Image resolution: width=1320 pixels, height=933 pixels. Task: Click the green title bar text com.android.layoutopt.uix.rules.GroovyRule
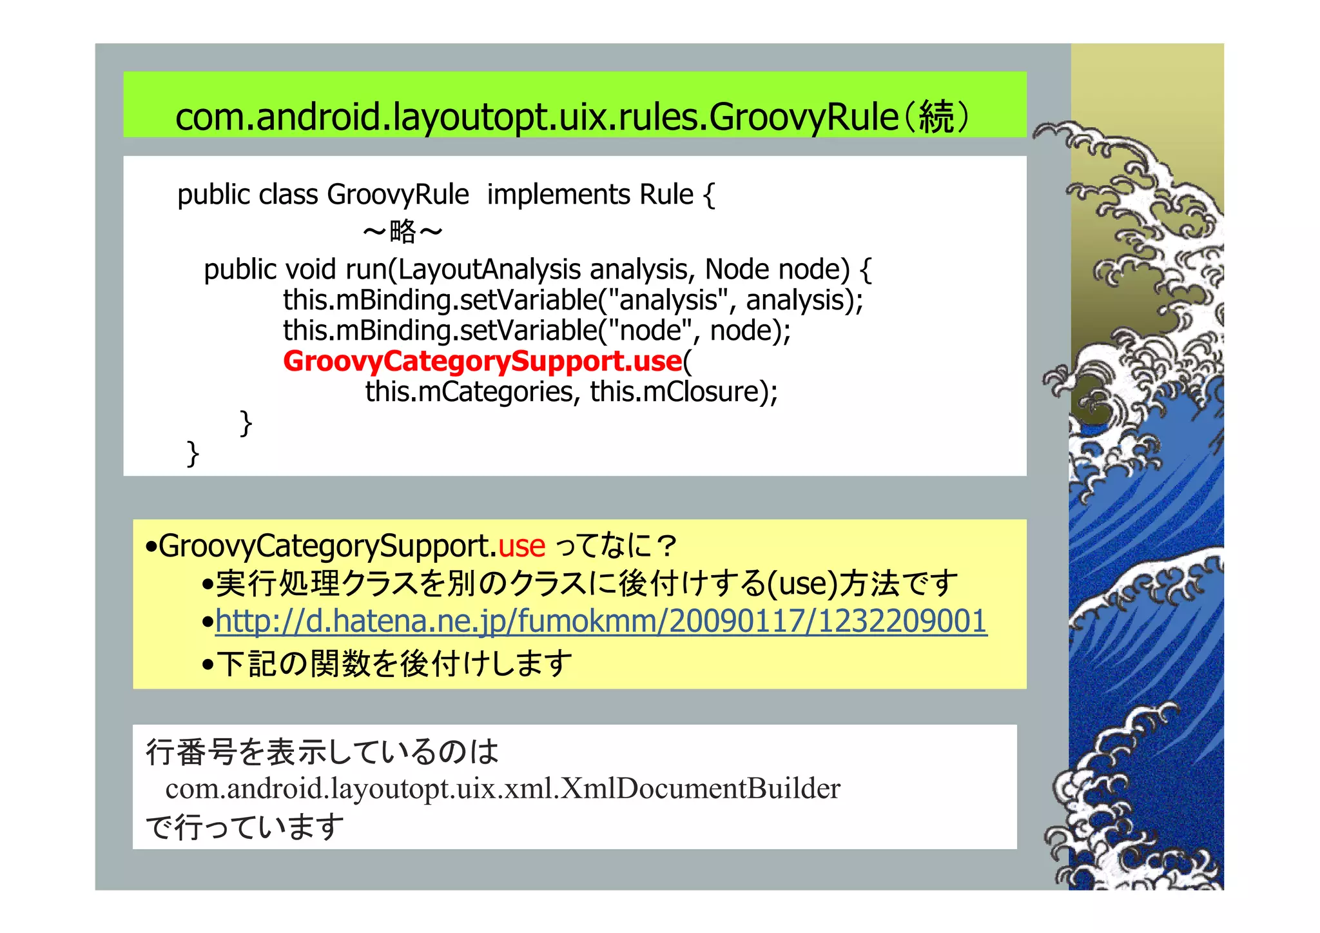click(x=536, y=117)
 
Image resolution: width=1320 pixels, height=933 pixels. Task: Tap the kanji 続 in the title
click(x=936, y=117)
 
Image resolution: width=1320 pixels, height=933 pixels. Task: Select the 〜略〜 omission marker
click(x=402, y=231)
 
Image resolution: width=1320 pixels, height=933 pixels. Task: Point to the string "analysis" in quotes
click(x=668, y=300)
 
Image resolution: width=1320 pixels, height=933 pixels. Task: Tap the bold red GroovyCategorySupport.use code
click(x=482, y=361)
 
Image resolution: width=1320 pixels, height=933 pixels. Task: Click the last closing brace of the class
click(x=192, y=453)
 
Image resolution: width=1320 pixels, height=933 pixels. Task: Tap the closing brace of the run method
click(x=246, y=423)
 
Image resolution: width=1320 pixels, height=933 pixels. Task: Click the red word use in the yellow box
click(x=522, y=546)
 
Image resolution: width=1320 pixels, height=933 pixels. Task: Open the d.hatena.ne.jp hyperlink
click(x=601, y=622)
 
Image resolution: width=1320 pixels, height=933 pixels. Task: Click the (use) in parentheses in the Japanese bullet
click(x=802, y=584)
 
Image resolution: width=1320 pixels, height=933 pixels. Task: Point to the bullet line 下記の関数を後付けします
click(x=393, y=664)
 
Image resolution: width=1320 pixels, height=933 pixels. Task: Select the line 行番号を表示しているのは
click(x=322, y=752)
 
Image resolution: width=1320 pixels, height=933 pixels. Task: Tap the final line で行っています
click(x=245, y=827)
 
